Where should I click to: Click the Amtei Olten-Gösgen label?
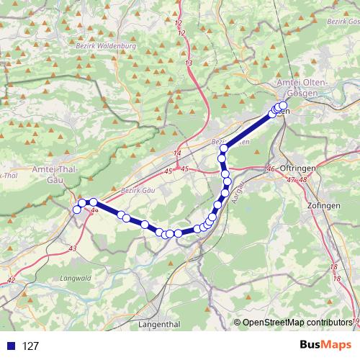tap(302, 89)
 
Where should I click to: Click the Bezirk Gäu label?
tap(138, 190)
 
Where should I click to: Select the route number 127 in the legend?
tap(30, 346)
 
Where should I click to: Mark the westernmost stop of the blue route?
tap(77, 210)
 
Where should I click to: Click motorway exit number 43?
tap(72, 248)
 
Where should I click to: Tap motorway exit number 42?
tap(10, 280)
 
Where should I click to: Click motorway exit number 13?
tap(189, 64)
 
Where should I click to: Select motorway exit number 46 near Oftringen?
tap(271, 168)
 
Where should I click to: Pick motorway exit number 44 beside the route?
tap(95, 210)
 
